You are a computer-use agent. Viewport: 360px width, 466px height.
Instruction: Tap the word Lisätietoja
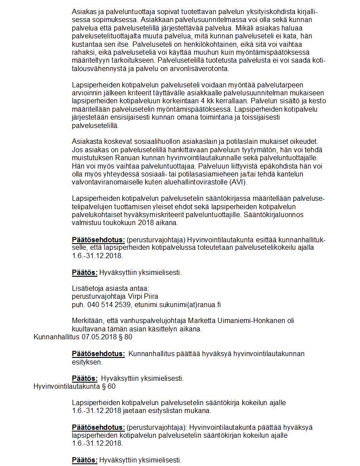click(87, 288)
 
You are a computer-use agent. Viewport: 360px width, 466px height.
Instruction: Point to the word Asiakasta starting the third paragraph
click(87, 142)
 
